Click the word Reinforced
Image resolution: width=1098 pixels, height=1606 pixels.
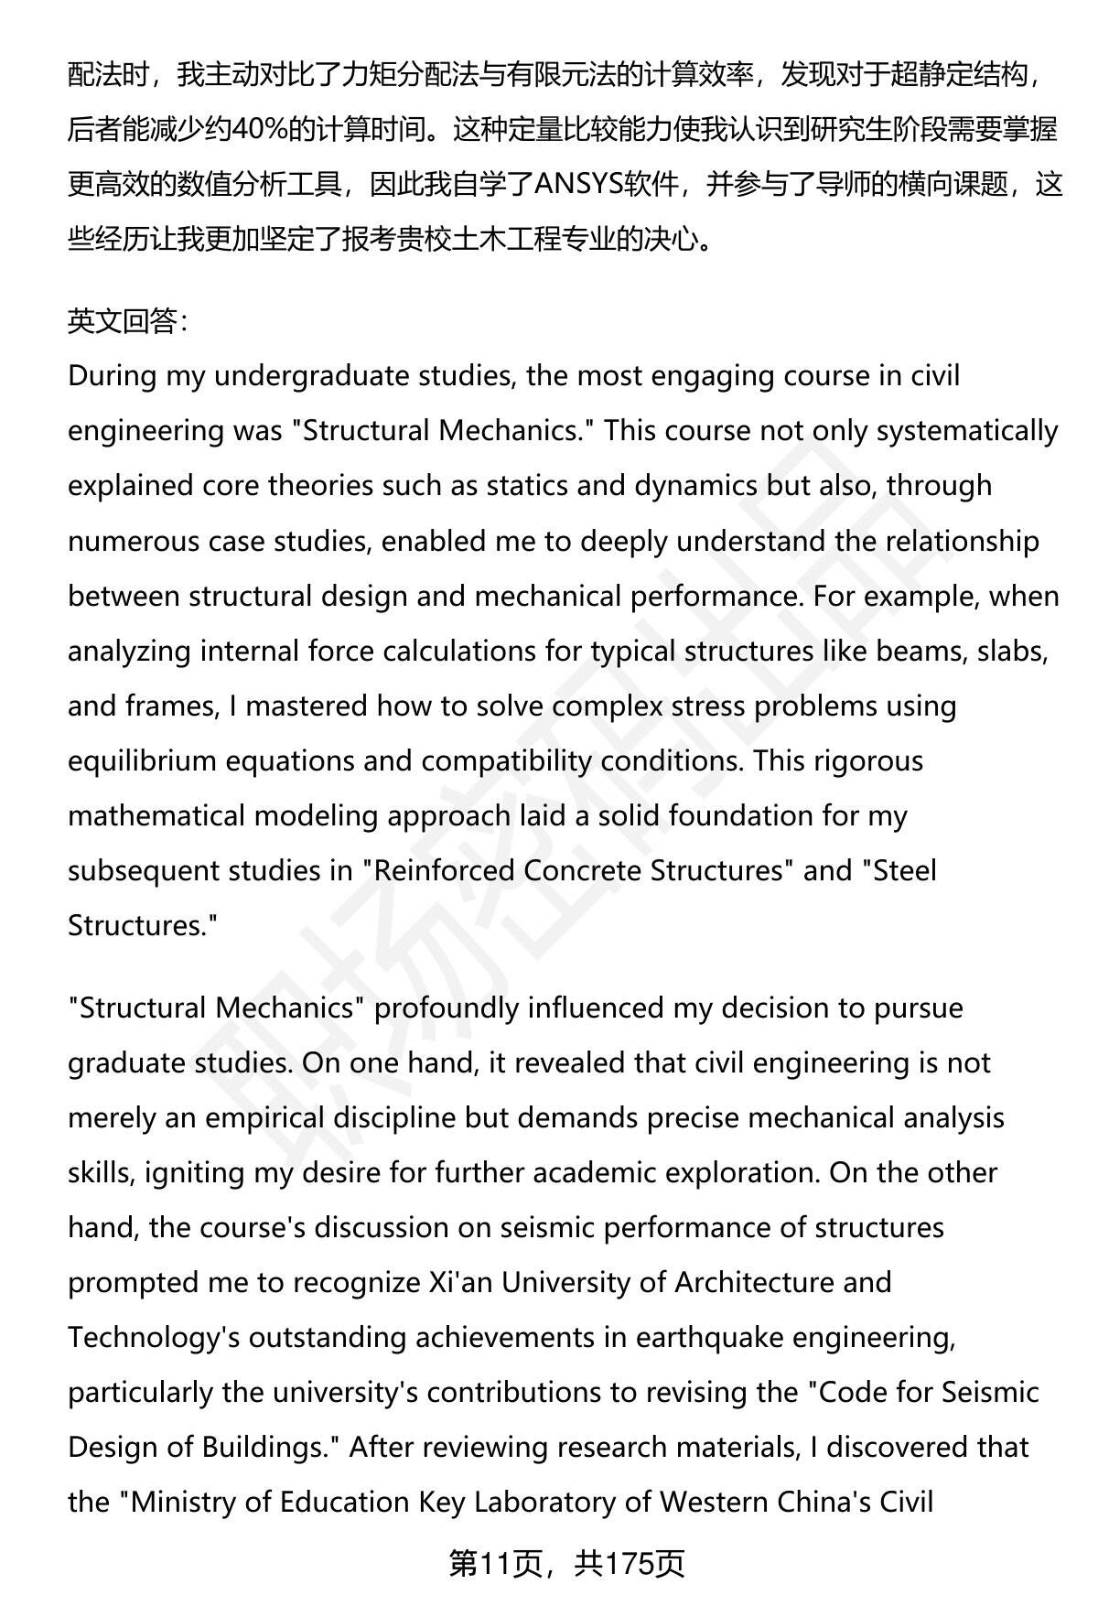coord(444,870)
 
